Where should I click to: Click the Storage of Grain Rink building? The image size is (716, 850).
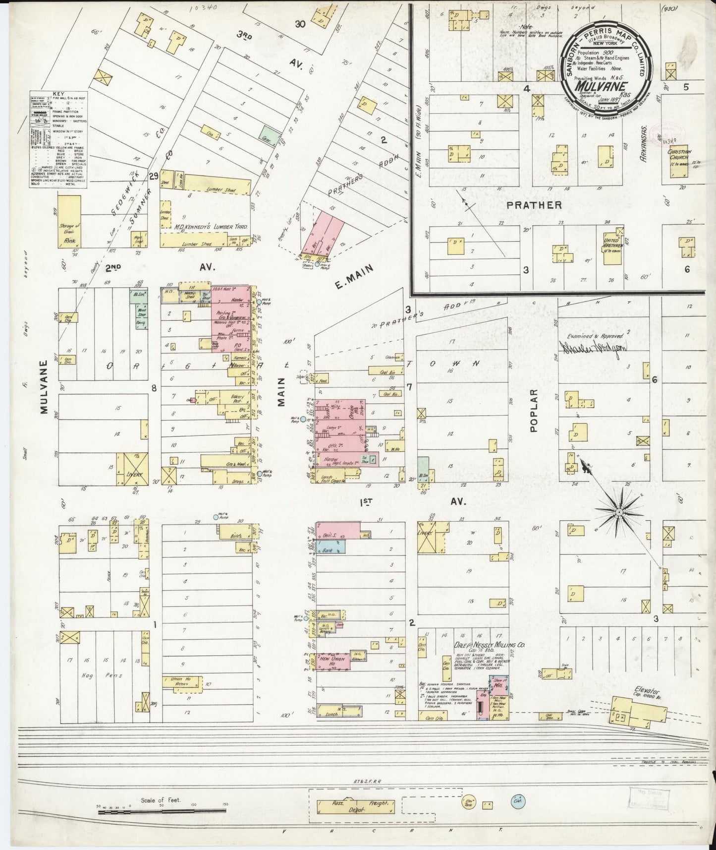point(69,221)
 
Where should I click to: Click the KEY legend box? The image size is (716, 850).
point(58,139)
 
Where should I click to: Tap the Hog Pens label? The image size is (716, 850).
point(101,676)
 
